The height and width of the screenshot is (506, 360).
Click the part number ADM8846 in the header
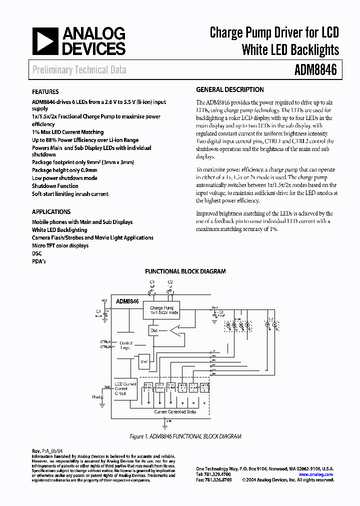tap(315, 70)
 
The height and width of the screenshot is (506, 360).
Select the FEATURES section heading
tap(45, 92)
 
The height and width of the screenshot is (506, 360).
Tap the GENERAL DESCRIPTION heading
tap(230, 90)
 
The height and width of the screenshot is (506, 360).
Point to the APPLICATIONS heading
tap(51, 212)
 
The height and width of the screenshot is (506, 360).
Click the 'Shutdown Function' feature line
tap(55, 186)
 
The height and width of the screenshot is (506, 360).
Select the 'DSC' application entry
tap(37, 253)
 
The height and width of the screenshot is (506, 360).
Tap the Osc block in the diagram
tap(154, 330)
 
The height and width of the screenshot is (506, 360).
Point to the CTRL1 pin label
tap(105, 341)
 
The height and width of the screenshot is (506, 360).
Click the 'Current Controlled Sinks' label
tap(175, 411)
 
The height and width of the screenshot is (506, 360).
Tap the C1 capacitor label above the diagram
tap(152, 282)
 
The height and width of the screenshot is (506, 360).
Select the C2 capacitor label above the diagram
tap(170, 282)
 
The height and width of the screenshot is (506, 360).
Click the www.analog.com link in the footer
tap(316, 474)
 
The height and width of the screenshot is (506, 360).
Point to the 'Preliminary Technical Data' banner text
tap(79, 70)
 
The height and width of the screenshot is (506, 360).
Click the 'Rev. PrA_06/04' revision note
tap(49, 451)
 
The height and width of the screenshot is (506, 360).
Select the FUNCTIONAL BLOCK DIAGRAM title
tap(185, 271)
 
